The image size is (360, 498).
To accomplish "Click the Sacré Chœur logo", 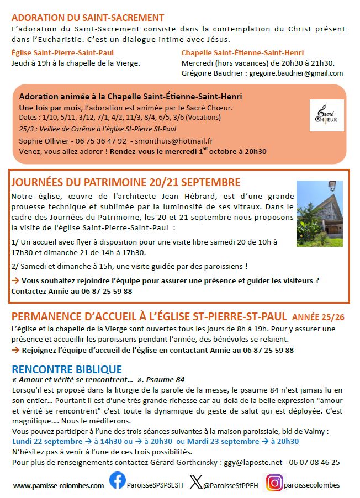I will click(326, 115).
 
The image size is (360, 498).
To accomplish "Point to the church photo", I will click(319, 213).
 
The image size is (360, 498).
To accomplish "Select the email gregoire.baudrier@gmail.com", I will click(296, 73).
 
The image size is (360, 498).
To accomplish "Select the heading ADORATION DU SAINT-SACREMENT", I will click(88, 18).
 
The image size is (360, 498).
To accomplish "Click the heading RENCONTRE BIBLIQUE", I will click(67, 369).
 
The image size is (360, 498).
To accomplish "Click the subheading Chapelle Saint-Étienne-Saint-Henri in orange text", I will click(242, 52).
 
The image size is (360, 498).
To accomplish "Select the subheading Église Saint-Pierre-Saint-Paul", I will click(63, 52).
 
